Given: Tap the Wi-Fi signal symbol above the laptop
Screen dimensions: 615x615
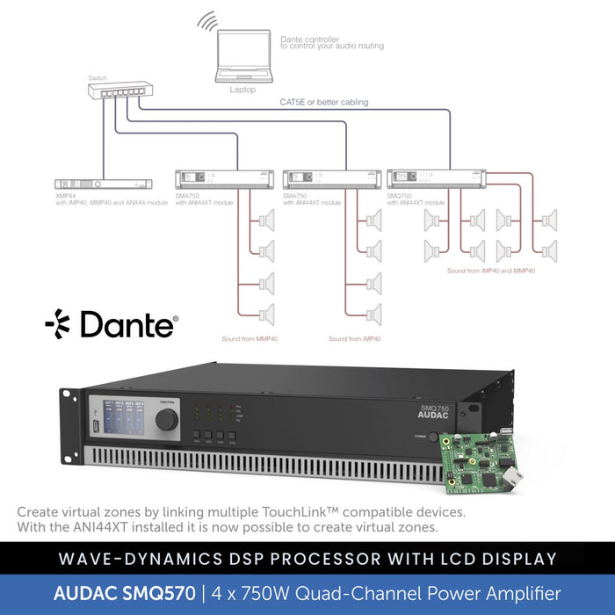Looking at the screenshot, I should [x=207, y=21].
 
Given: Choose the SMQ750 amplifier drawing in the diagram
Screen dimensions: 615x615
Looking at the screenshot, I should [x=436, y=178].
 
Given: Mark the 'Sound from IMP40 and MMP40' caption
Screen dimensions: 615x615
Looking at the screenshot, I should [x=490, y=271].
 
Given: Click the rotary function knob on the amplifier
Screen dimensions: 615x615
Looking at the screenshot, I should [x=167, y=419].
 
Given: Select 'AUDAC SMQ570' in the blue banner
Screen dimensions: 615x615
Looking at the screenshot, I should [x=124, y=593].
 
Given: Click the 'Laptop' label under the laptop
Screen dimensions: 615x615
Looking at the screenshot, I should [x=243, y=89].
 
